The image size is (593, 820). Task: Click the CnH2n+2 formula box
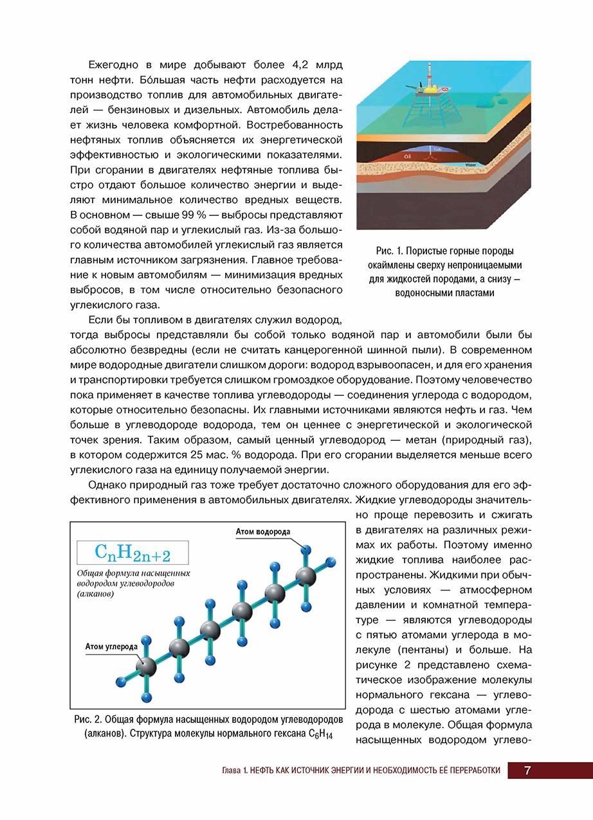(x=132, y=552)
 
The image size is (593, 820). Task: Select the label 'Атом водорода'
(x=263, y=532)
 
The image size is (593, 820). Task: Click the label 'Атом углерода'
(x=111, y=646)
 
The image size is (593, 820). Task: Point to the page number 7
(x=527, y=771)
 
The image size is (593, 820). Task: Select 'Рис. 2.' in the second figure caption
(x=87, y=720)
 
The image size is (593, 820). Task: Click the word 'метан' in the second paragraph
(x=406, y=440)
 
